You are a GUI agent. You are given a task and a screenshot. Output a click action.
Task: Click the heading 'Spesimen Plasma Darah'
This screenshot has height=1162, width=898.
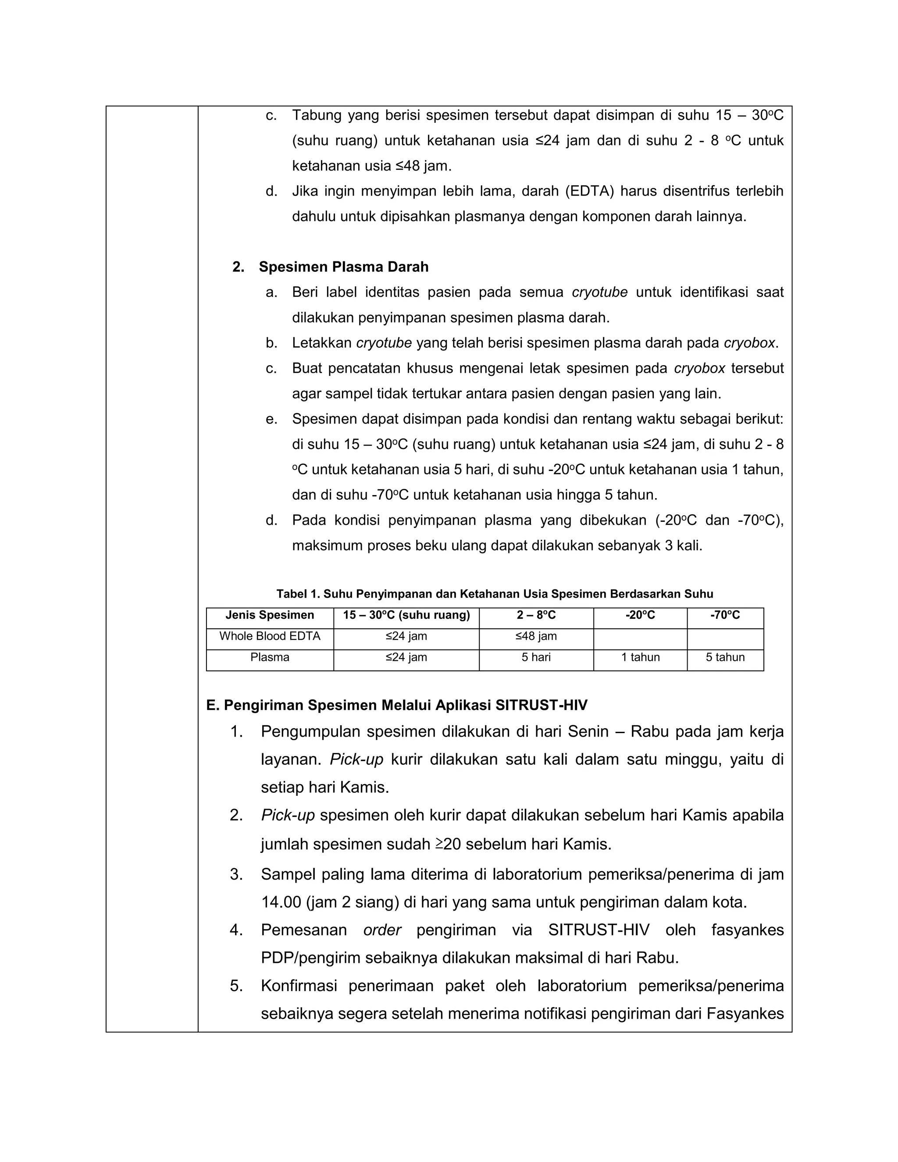coord(343,267)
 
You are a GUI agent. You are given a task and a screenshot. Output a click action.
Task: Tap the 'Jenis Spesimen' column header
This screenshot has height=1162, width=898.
coord(270,616)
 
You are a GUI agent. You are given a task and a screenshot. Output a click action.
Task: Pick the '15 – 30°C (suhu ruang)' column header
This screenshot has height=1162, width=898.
coord(406,616)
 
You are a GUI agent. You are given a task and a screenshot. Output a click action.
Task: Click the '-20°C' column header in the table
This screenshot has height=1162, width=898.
coord(640,616)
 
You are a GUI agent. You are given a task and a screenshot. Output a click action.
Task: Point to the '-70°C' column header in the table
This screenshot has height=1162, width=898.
coord(725,616)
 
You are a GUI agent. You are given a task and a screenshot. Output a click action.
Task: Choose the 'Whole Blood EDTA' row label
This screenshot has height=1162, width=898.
coord(270,636)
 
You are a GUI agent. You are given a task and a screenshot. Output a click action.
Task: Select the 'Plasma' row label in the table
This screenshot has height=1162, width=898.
coord(270,658)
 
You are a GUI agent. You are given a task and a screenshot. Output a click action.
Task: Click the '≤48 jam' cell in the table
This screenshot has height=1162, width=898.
coord(536,636)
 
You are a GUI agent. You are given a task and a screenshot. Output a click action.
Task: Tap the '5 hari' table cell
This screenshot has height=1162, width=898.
coord(536,658)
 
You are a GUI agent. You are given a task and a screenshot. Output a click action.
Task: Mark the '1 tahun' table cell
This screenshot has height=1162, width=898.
coord(640,658)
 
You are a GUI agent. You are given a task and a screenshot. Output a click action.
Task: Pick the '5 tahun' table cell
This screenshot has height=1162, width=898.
coord(725,658)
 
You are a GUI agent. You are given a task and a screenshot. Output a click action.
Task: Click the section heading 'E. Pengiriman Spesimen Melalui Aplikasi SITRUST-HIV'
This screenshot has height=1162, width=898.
coord(396,706)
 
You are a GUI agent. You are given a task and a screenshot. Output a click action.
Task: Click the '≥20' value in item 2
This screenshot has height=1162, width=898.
coord(448,845)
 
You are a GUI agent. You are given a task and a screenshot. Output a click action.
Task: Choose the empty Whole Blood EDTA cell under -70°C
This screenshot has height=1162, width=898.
coord(725,638)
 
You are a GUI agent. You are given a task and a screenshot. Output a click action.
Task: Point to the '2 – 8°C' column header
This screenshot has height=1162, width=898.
coord(536,616)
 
